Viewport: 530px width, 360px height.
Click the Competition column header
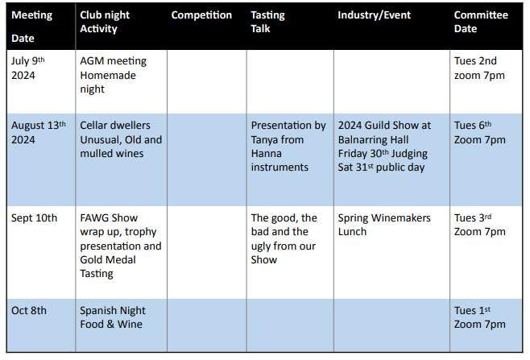201,14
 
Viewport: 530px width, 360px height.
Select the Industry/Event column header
375,14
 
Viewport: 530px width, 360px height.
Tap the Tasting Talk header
267,22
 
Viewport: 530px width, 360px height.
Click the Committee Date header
481,22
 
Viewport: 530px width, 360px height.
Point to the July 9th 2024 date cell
28,68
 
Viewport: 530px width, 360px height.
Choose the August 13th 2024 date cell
39,133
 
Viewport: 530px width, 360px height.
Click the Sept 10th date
34,218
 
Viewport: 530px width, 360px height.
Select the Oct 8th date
29,310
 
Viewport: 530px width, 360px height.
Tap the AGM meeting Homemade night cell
114,75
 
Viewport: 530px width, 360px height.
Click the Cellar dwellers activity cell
121,139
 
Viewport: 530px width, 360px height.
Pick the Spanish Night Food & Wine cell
113,317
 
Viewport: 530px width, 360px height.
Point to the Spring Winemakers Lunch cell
384,225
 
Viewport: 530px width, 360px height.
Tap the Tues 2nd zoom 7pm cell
479,68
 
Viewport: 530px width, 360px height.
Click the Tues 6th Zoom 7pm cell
479,133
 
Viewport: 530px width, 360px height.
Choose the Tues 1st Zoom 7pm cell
479,317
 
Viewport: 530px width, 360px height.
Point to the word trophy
140,232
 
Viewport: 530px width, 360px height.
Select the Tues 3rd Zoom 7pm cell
479,225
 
